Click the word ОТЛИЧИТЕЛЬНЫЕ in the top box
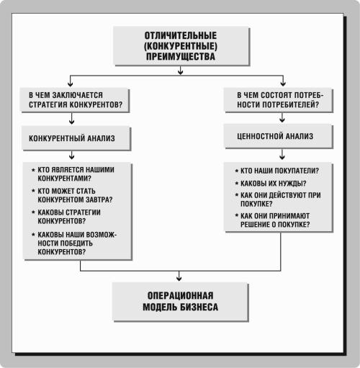(181, 35)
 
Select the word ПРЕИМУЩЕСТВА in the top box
(181, 57)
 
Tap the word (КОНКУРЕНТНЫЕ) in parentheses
(181, 46)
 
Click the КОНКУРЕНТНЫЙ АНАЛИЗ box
(76, 138)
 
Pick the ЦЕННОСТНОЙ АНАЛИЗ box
(279, 136)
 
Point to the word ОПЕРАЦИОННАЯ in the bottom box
(180, 295)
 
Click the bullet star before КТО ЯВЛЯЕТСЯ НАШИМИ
(33, 170)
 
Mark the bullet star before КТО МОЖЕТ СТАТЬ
(33, 191)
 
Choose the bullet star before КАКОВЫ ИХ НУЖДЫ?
(237, 184)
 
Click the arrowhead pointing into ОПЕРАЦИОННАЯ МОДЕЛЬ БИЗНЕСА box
(179, 279)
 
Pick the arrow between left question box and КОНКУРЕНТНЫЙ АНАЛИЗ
(71, 118)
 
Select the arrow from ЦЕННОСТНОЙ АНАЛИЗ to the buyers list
(282, 154)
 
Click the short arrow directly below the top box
(181, 71)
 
